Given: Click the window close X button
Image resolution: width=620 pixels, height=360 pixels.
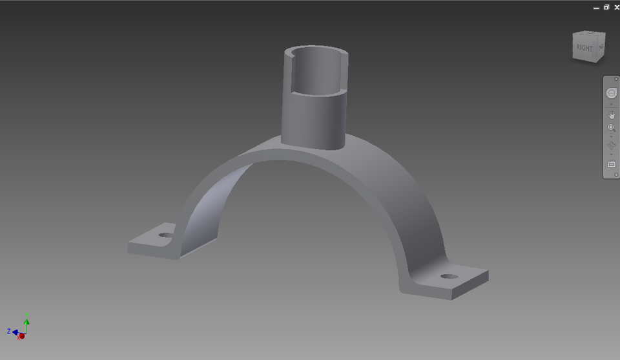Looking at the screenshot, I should click(616, 7).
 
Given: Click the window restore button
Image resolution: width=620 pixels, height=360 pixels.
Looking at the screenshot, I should click(606, 7).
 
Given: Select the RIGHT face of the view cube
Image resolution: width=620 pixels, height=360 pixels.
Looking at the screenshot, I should click(584, 48).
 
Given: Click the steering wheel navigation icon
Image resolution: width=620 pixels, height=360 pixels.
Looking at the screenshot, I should click(612, 93).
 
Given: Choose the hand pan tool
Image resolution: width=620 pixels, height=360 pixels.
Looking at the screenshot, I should click(612, 114).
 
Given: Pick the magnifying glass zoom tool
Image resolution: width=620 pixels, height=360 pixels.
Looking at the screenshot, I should click(612, 128).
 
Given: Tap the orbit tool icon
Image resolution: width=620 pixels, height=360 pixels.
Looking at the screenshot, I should click(612, 145).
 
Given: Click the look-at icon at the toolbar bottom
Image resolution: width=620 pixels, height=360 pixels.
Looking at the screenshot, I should click(612, 164).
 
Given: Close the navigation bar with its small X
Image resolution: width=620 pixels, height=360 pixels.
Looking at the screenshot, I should click(616, 79).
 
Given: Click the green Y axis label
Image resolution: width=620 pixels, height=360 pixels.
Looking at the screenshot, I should click(26, 315).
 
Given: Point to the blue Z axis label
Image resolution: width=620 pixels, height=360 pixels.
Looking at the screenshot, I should click(9, 331).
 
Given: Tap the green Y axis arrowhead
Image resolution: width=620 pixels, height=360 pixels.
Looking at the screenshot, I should click(26, 320).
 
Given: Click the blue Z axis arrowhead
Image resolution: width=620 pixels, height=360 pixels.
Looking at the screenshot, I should click(14, 332).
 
